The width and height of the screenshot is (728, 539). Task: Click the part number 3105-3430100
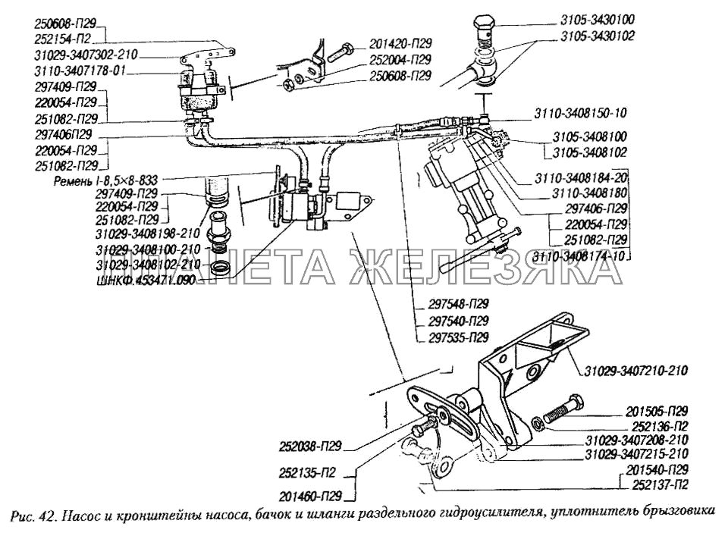tap(598, 21)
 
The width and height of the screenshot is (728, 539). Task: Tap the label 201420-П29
tap(401, 44)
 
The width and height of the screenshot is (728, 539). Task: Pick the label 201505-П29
tap(657, 410)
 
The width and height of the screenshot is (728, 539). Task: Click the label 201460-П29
tap(311, 497)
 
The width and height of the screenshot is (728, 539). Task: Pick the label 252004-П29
tap(401, 60)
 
